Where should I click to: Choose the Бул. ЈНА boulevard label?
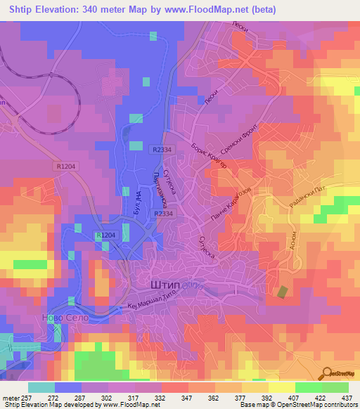coord(127,203)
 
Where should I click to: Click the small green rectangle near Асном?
coord(283,292)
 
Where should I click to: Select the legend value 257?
coord(26,397)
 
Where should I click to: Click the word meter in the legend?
coord(9,397)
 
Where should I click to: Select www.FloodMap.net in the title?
coord(212,10)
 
